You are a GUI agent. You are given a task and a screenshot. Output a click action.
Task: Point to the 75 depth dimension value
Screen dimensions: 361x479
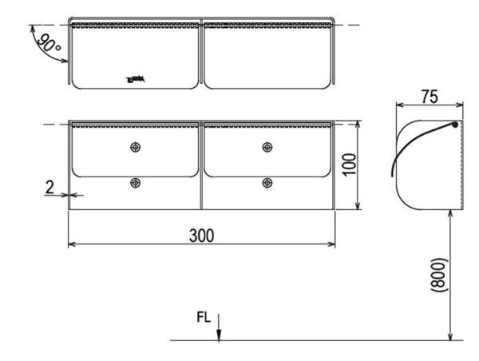click(x=430, y=97)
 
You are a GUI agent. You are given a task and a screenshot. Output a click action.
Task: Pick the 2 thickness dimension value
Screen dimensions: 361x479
click(x=49, y=188)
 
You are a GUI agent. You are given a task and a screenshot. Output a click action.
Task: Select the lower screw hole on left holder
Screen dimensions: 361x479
click(x=135, y=182)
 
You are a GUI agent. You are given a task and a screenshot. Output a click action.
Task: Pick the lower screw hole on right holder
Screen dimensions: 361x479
click(x=267, y=182)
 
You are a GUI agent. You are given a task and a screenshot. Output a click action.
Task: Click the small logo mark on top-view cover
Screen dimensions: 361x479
click(x=135, y=78)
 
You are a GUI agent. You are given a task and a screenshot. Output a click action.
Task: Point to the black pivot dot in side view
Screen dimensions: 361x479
click(x=455, y=125)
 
